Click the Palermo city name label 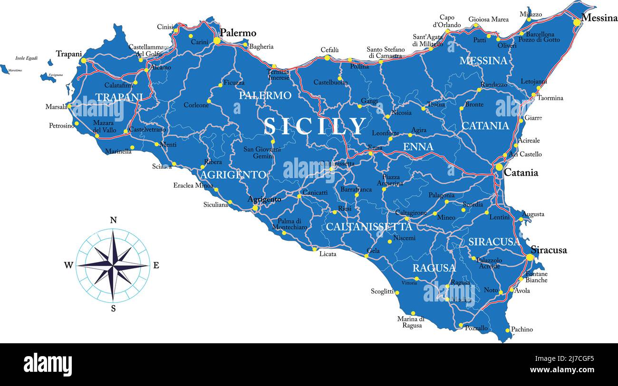[x=238, y=33]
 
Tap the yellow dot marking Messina [x=577, y=22]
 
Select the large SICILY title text [x=315, y=126]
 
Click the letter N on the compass [x=113, y=220]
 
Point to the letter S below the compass [x=113, y=309]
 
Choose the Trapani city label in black [x=69, y=54]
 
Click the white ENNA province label [x=418, y=147]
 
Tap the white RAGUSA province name [x=434, y=268]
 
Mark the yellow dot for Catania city [x=499, y=167]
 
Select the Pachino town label [x=521, y=329]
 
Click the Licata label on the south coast [x=328, y=254]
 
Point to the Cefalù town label [x=329, y=50]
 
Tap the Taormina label [x=550, y=98]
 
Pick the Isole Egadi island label [x=27, y=58]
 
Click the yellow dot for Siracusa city [x=530, y=257]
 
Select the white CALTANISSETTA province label [x=368, y=227]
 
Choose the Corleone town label [x=196, y=105]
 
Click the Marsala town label [x=56, y=107]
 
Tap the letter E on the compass [x=156, y=265]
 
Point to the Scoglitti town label [x=382, y=291]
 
